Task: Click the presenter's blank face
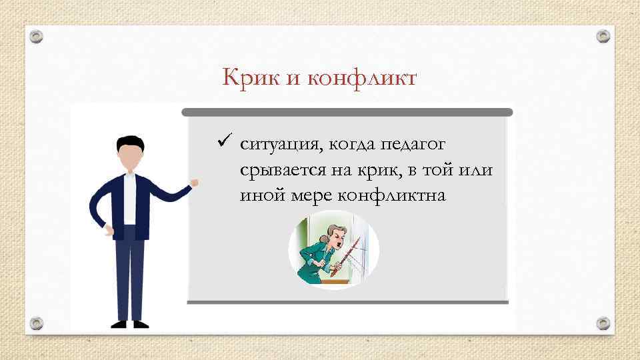[x=129, y=158]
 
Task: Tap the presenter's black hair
[x=129, y=141]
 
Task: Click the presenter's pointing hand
[x=194, y=181]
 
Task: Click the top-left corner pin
[x=37, y=37]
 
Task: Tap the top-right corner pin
[x=603, y=36]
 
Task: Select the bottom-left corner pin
[x=37, y=323]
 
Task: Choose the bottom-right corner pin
[x=603, y=323]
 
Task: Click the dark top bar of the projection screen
[x=347, y=112]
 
